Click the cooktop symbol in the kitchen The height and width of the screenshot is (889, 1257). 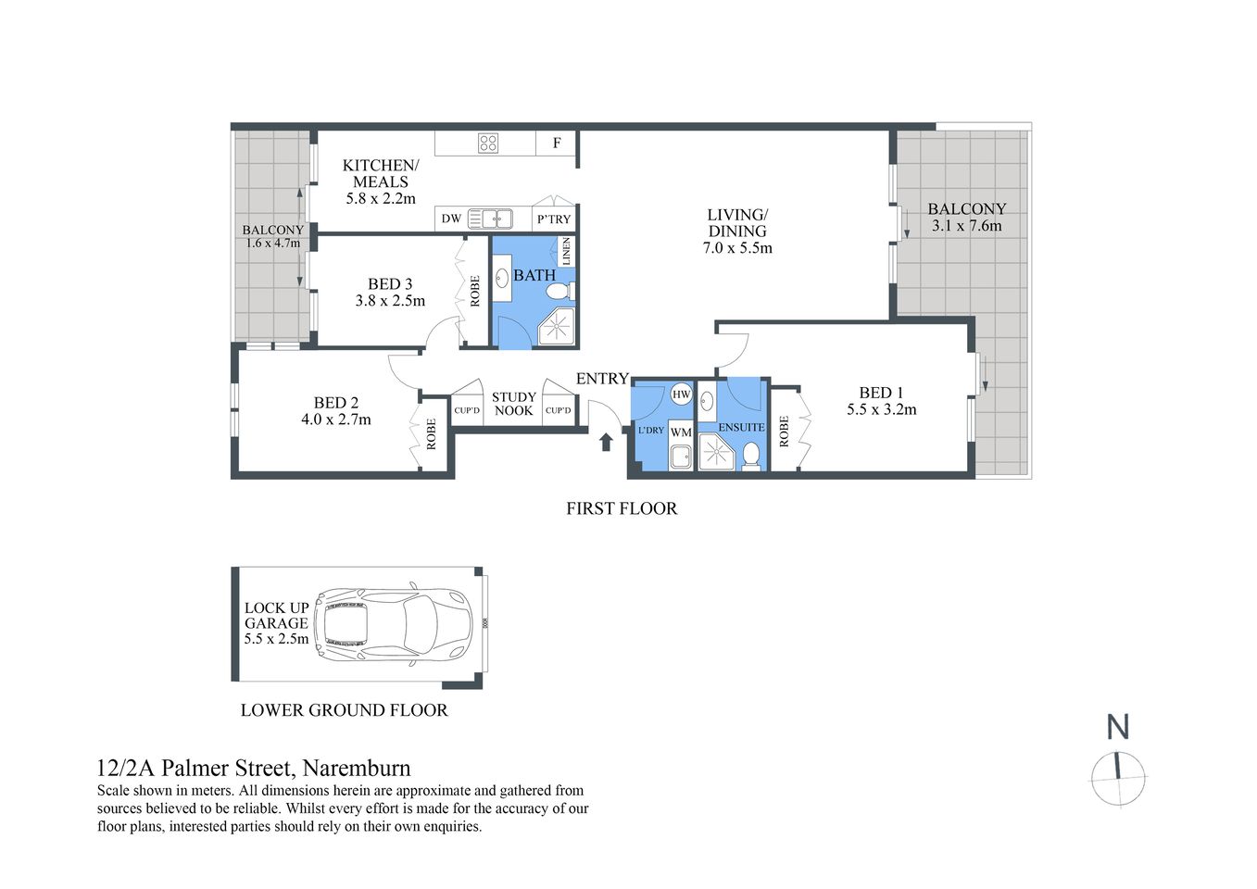click(x=488, y=143)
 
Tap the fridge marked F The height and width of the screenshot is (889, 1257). click(x=557, y=143)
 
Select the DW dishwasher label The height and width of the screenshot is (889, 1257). click(x=451, y=219)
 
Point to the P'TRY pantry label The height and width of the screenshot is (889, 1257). click(x=554, y=219)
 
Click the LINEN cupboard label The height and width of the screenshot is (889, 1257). click(x=566, y=251)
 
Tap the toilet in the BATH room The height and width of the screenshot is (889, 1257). click(x=559, y=292)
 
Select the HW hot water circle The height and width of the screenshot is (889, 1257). click(x=681, y=394)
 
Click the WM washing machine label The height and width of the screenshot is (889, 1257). click(x=681, y=432)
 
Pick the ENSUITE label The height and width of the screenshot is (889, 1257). click(x=741, y=427)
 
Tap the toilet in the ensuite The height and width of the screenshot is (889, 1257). click(x=751, y=455)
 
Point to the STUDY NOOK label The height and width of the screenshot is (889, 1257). click(x=513, y=404)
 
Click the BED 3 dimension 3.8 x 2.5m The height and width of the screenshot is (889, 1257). click(x=390, y=301)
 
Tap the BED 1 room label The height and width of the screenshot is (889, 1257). click(x=881, y=393)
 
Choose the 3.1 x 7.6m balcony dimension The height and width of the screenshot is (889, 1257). click(x=966, y=226)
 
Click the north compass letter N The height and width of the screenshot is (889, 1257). click(x=1118, y=727)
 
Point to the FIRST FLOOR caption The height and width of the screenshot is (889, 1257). click(x=622, y=508)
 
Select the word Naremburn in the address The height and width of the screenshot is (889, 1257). click(x=357, y=768)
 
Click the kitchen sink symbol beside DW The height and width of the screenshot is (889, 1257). click(x=490, y=219)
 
